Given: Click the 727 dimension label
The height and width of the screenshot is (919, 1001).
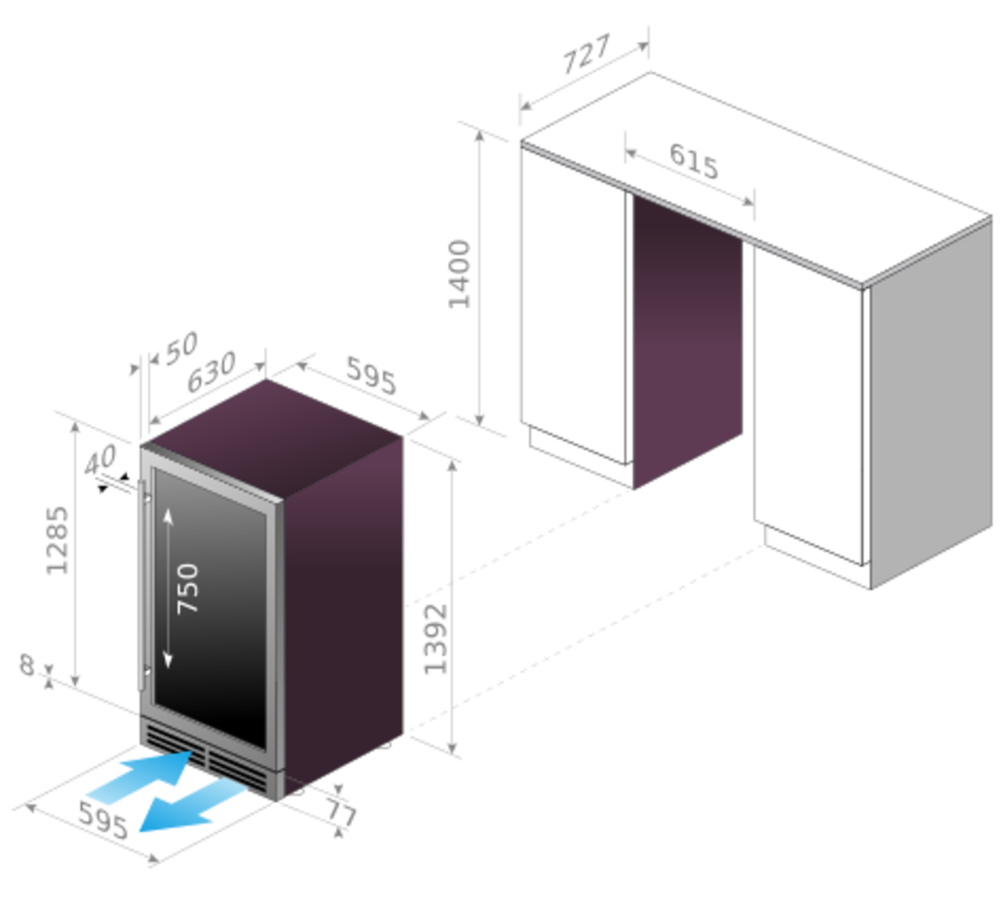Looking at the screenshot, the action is click(x=586, y=54).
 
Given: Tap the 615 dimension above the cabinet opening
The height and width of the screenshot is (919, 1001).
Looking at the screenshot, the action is click(x=694, y=161).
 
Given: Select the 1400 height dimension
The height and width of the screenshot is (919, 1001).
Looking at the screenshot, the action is click(x=460, y=274).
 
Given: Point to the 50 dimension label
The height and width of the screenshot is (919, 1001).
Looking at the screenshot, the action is click(x=181, y=348).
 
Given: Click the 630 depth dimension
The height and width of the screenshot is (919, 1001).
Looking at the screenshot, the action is click(x=210, y=372).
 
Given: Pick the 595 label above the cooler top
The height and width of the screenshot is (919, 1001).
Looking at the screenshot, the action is click(x=371, y=375).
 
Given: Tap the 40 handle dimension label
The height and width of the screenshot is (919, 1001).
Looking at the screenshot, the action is click(x=100, y=459).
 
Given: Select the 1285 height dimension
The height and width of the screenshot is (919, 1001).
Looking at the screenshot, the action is click(x=57, y=540).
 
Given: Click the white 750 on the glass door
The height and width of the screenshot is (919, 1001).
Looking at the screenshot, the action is click(x=188, y=588).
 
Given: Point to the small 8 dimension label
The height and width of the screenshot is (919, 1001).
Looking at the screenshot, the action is click(x=27, y=665).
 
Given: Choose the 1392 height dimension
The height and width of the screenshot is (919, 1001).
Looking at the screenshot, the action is click(x=435, y=639).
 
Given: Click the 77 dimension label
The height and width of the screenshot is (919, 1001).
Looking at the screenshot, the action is click(x=341, y=811).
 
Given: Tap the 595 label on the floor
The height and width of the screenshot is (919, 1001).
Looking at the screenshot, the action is click(x=103, y=820).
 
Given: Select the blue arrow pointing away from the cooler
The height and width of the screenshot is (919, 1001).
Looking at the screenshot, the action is click(x=192, y=806).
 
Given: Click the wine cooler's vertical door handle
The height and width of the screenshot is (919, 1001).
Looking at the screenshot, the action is click(x=143, y=585).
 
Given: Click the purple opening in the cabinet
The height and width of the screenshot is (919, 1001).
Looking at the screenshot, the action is click(x=687, y=339).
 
